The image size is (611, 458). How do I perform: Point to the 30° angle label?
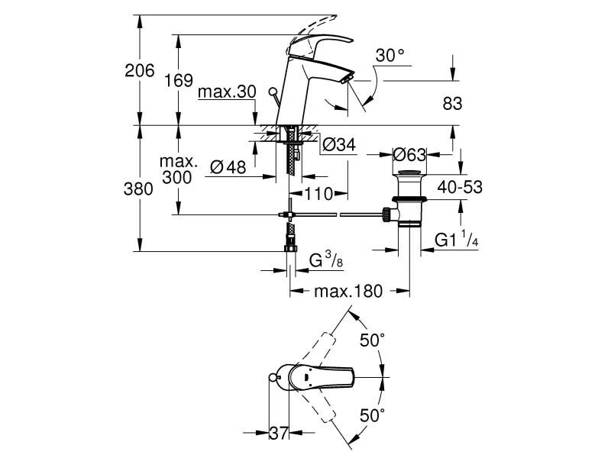point(390,56)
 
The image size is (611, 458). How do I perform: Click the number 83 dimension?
point(451,105)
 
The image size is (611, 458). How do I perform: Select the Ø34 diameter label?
point(338,145)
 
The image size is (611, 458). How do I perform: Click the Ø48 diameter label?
point(226,168)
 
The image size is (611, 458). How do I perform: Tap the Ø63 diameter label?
point(409,155)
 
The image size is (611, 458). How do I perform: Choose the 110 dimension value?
point(318,195)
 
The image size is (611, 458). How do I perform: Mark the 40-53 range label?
point(460,185)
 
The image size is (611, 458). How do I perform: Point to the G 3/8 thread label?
point(325,262)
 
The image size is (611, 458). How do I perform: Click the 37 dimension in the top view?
point(280,433)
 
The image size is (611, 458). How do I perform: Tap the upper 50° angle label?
point(372,341)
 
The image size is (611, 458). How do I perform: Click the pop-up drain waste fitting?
point(409,200)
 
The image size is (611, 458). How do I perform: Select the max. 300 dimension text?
point(179,169)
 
